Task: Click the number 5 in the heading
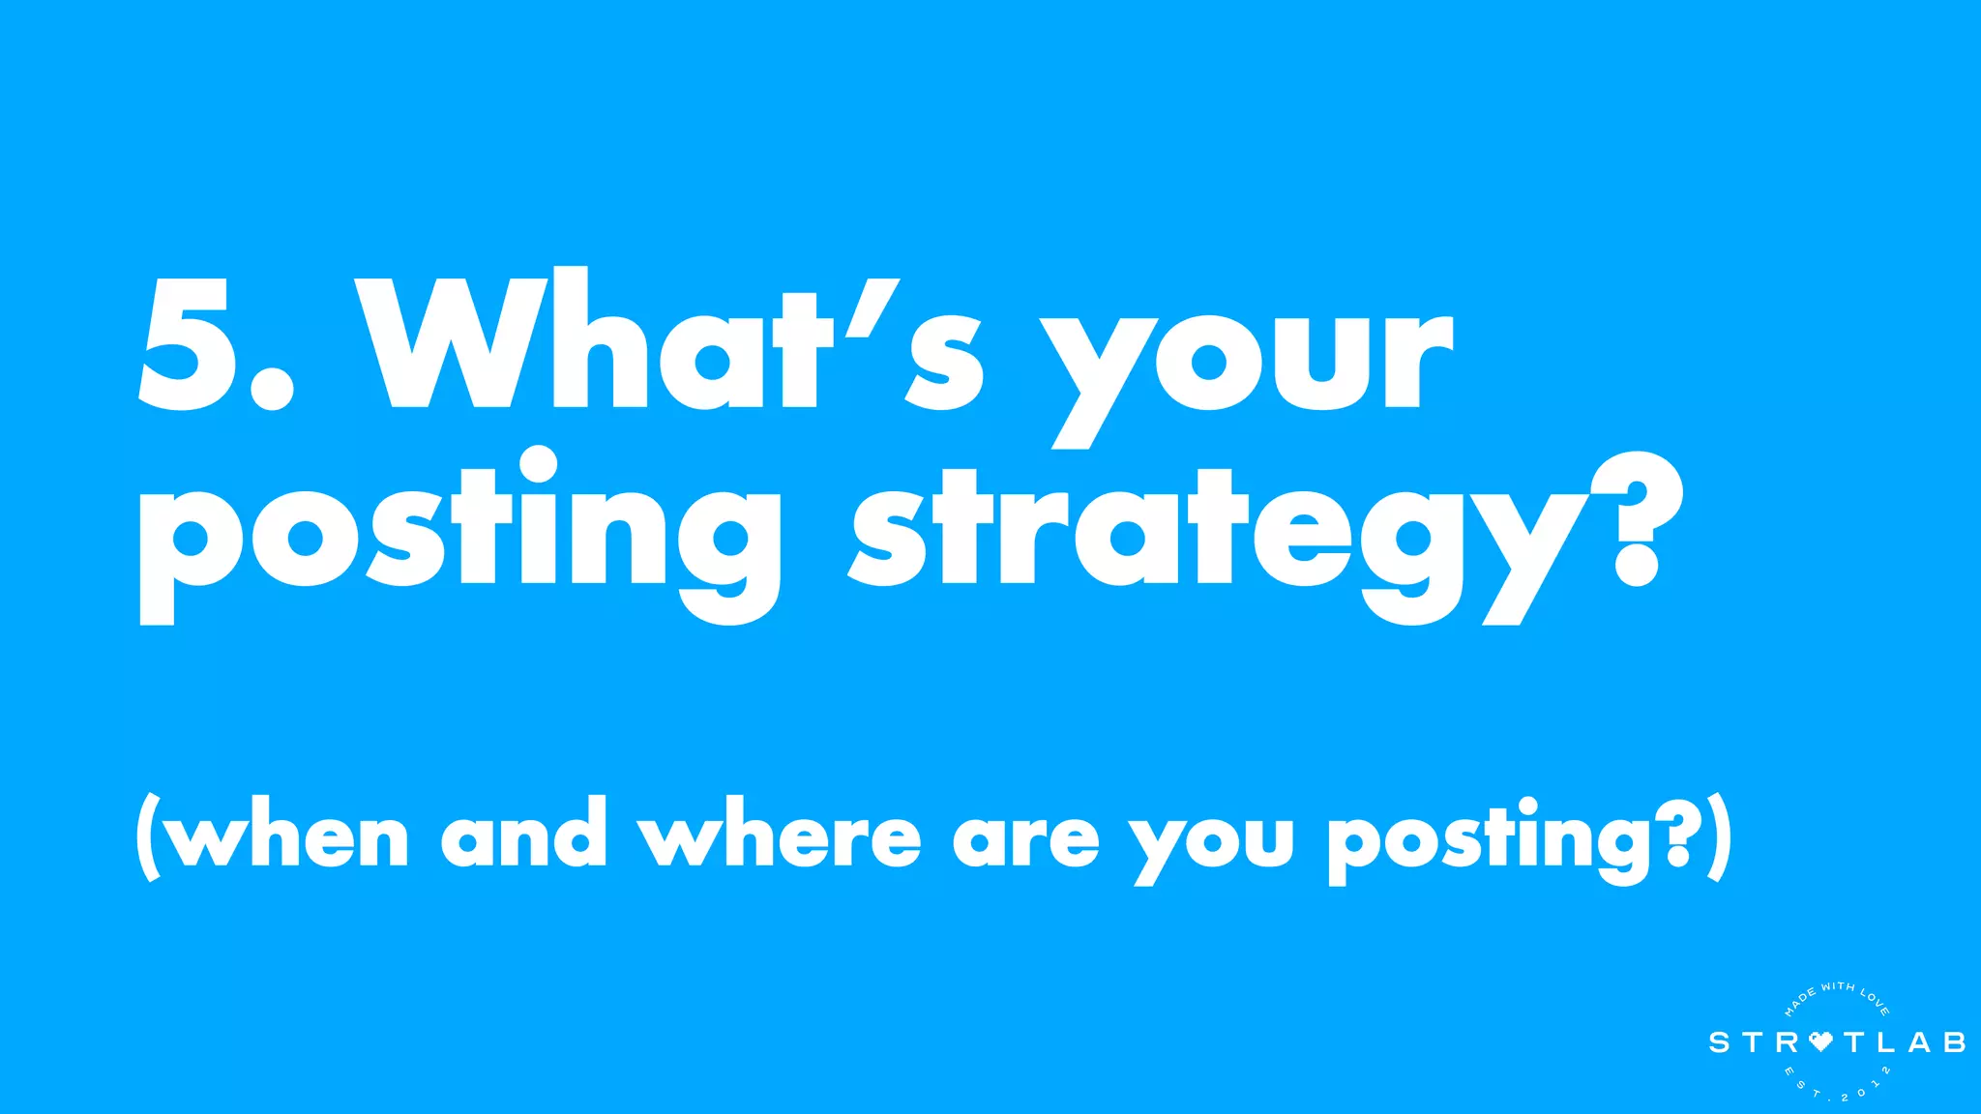tap(186, 343)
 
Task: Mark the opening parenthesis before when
tap(148, 837)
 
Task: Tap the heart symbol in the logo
tap(1820, 1042)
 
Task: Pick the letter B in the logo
tap(1954, 1042)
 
